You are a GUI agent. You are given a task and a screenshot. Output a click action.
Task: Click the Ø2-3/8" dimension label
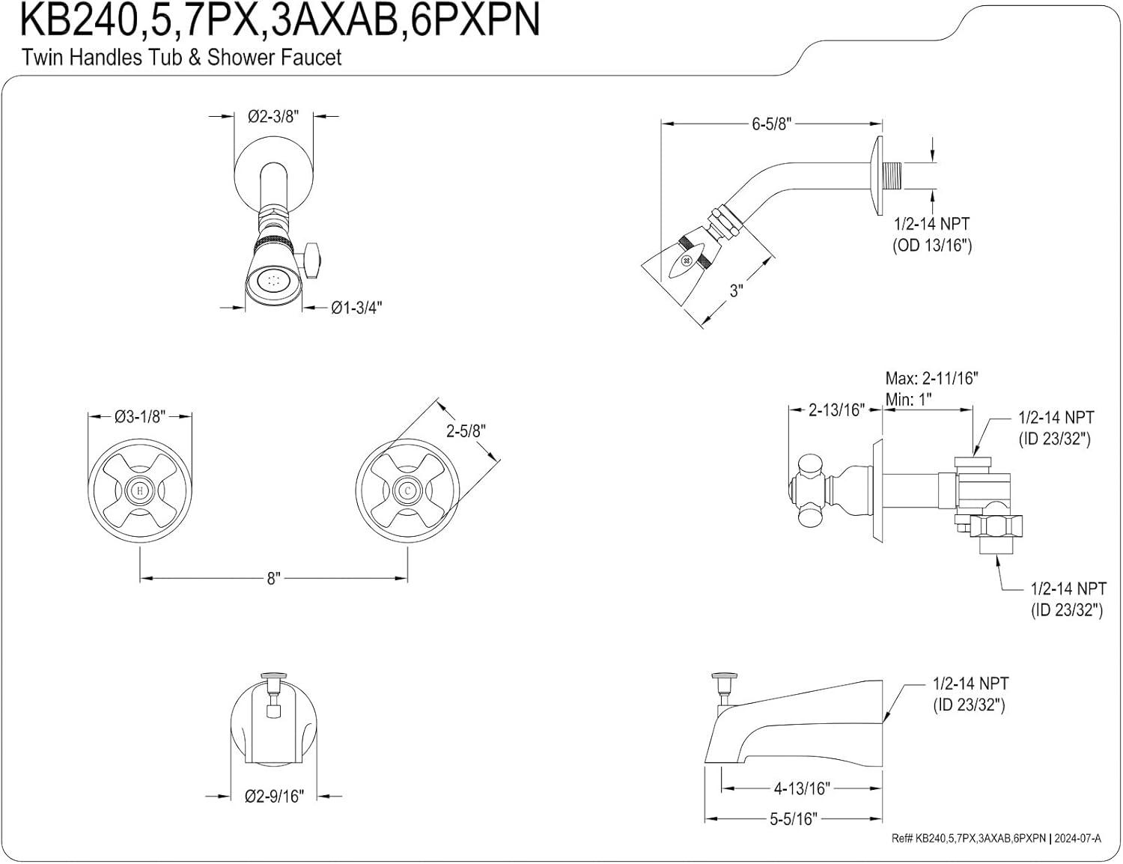click(273, 116)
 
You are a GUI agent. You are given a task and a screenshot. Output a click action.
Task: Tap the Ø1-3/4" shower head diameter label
click(356, 308)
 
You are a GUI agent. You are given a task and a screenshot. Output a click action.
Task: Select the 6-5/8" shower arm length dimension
click(771, 124)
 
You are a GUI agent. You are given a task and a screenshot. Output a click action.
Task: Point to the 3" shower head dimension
click(736, 290)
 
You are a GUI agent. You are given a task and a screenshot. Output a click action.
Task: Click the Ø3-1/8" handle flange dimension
click(140, 416)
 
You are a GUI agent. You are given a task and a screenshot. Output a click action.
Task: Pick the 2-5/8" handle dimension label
click(466, 431)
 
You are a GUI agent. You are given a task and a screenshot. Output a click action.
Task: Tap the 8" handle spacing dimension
click(273, 578)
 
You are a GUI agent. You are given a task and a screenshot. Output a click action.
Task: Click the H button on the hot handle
click(140, 491)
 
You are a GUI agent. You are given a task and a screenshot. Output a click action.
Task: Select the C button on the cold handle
click(407, 491)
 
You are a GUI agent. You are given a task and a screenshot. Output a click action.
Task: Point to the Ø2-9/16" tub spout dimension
click(274, 796)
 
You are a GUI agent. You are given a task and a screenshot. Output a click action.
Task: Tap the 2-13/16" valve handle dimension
click(836, 410)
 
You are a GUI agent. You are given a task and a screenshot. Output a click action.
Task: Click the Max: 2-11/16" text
click(931, 378)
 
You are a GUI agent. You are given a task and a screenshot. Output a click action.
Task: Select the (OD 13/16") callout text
click(931, 245)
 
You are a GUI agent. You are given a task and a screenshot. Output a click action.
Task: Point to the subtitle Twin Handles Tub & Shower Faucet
click(181, 57)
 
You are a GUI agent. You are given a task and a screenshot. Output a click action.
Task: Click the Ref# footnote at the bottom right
click(996, 839)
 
